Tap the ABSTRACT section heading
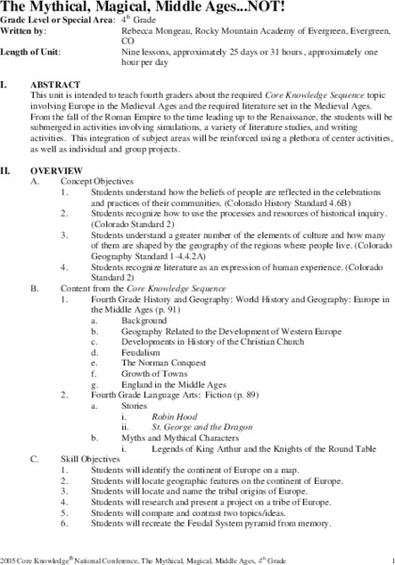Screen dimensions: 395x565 click(54, 85)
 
